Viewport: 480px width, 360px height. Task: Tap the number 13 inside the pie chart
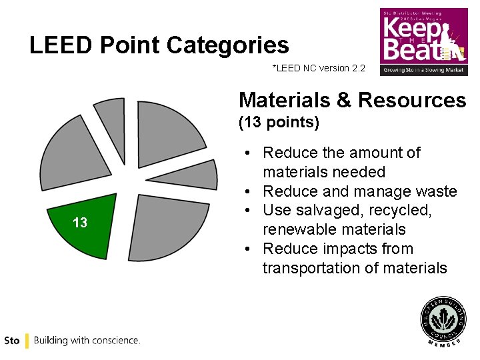[x=80, y=223]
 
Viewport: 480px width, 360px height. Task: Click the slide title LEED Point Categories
[x=159, y=45]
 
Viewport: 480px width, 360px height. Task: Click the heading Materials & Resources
[x=352, y=100]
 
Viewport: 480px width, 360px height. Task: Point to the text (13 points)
[x=279, y=123]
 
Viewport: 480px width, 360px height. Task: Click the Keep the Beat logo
[x=423, y=41]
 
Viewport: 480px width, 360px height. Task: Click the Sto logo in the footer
[x=11, y=341]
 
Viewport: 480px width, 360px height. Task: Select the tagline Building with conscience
[x=87, y=341]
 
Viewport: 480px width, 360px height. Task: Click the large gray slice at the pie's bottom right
[x=173, y=223]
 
